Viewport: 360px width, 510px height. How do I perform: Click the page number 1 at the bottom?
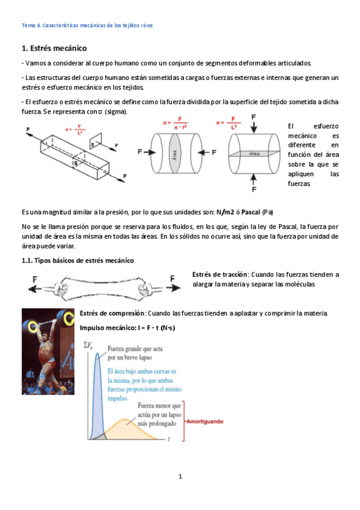click(180, 476)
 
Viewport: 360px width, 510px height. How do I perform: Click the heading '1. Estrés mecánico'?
click(53, 48)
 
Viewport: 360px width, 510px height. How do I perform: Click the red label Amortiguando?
click(206, 422)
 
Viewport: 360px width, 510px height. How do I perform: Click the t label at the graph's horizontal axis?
click(169, 440)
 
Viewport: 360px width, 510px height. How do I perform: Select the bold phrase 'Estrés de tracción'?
click(219, 274)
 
